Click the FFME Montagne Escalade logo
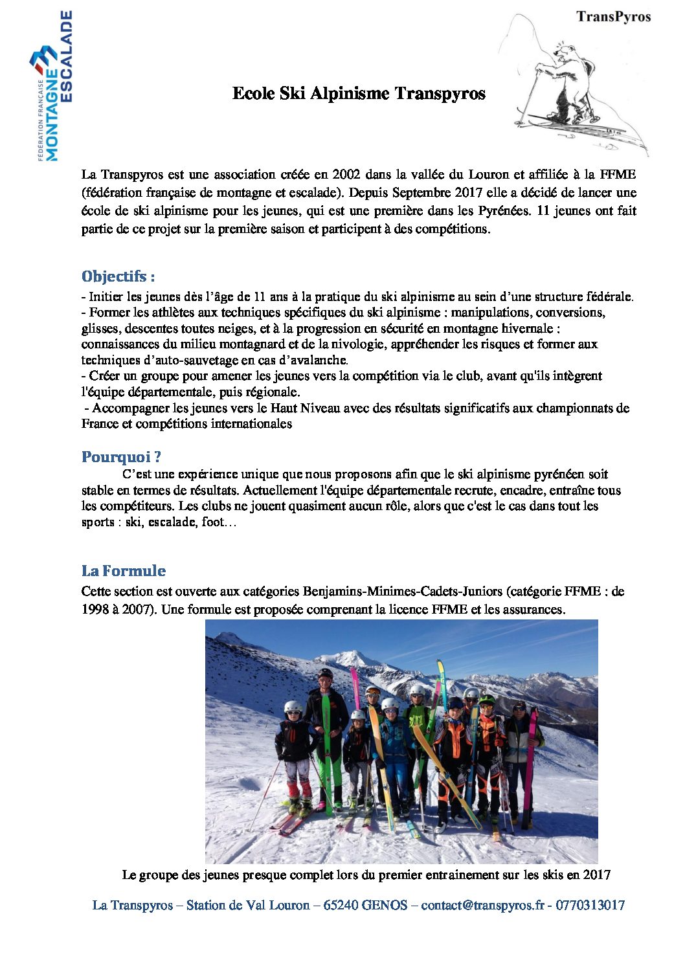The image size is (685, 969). point(51,86)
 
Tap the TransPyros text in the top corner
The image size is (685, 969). point(613,17)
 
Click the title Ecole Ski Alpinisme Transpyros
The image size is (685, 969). point(359,94)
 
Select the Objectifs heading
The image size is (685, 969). point(118,276)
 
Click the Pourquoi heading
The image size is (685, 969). point(121,457)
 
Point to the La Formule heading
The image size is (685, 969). point(124,571)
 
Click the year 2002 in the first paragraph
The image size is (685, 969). point(346,175)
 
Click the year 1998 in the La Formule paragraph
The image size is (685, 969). point(95,610)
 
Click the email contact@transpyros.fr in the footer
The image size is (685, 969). point(482,906)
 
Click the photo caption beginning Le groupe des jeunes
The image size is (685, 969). point(366,875)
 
